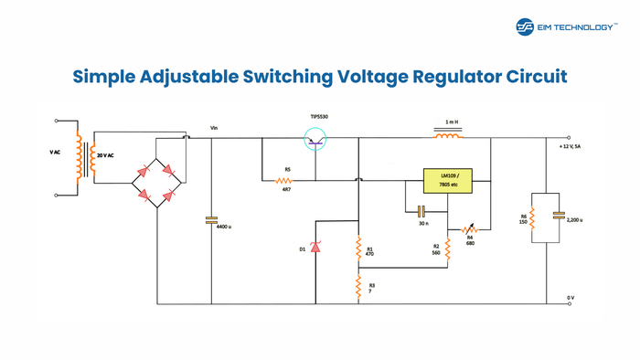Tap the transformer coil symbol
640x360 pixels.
pos(79,160)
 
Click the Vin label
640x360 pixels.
pos(214,128)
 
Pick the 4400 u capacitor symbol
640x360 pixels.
pos(211,219)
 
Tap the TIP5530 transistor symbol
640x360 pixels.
pos(315,139)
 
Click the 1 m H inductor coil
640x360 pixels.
pos(447,138)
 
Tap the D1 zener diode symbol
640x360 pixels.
pos(315,247)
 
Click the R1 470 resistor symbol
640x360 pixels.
pos(358,248)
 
